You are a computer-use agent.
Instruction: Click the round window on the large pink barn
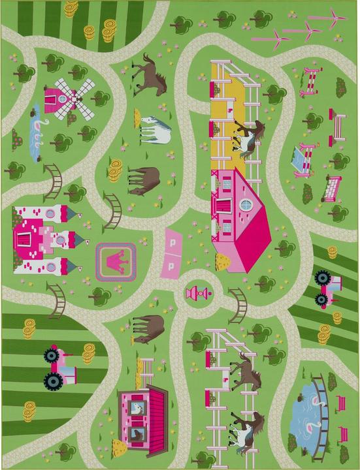coord(246,206)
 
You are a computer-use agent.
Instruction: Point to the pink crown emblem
coord(116,260)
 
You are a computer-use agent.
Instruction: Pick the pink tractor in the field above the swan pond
coord(327,287)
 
